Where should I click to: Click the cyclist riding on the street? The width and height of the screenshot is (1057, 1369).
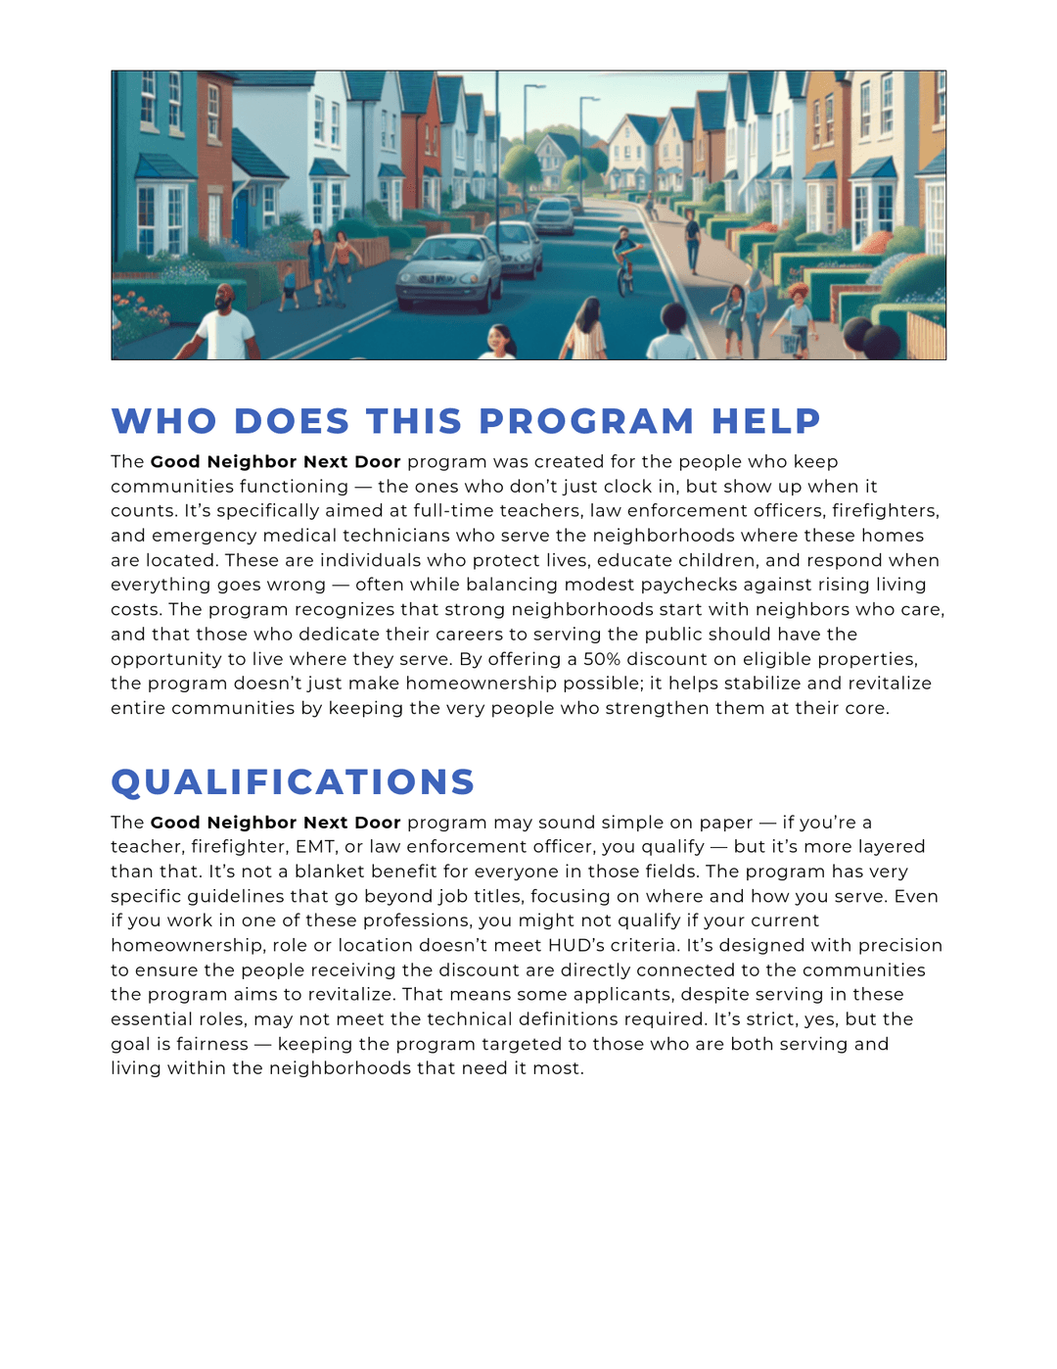click(x=624, y=260)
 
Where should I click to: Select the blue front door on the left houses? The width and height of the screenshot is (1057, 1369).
click(x=240, y=219)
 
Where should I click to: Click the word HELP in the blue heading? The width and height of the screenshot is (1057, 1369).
click(x=765, y=421)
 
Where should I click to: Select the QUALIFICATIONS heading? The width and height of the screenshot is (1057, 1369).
click(x=293, y=781)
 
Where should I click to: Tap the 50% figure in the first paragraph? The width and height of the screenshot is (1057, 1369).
click(x=602, y=659)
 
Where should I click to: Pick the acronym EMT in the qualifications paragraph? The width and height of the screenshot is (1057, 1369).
click(x=315, y=847)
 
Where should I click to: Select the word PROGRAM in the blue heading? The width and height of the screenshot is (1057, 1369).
click(x=586, y=421)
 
